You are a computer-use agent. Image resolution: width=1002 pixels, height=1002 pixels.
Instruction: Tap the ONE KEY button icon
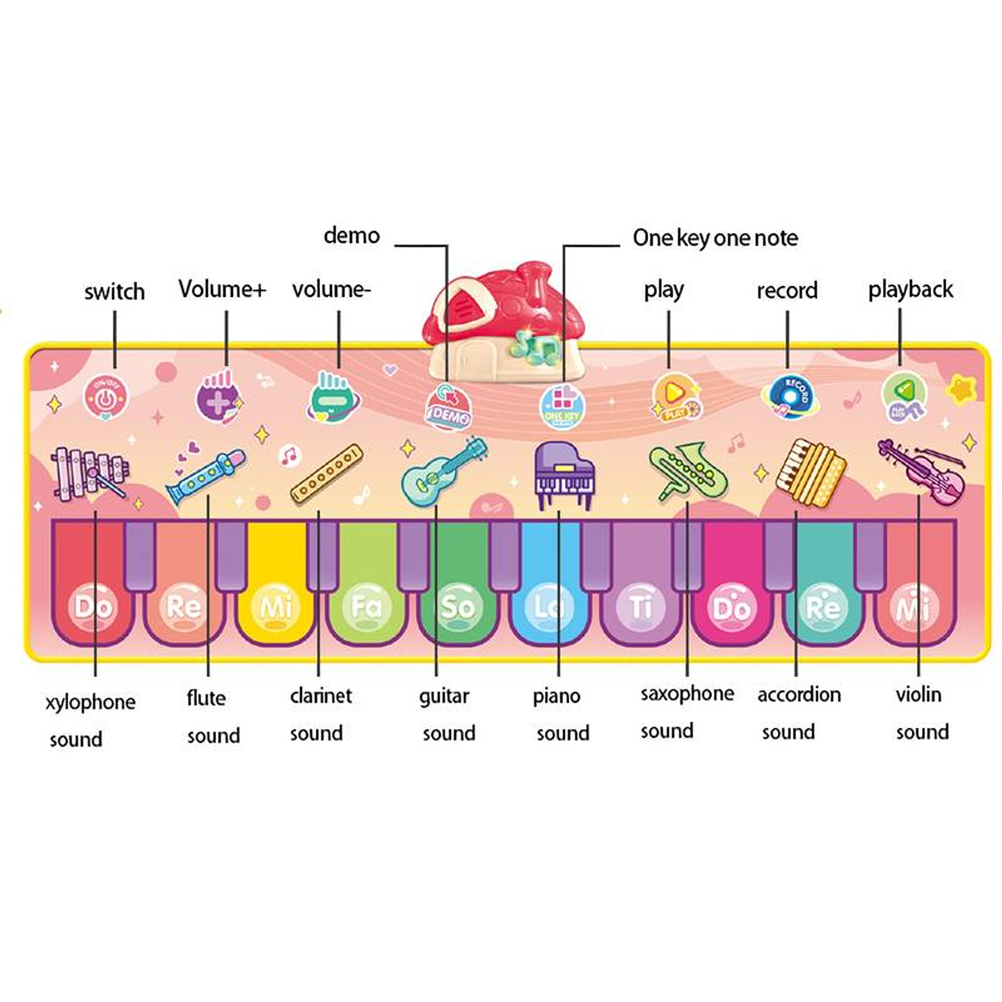562,406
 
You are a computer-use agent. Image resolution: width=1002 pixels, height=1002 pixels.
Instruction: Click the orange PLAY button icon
674,397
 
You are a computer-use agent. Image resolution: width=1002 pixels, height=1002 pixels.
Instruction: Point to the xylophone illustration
89,473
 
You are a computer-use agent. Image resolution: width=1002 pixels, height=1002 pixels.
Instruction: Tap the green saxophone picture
687,471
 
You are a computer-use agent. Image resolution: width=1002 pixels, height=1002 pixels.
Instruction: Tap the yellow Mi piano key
276,591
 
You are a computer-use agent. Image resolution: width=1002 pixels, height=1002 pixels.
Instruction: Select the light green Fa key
367,591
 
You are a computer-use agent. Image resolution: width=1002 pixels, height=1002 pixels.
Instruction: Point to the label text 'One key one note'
715,238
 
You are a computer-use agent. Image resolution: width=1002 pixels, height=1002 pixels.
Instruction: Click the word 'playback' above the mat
910,289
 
